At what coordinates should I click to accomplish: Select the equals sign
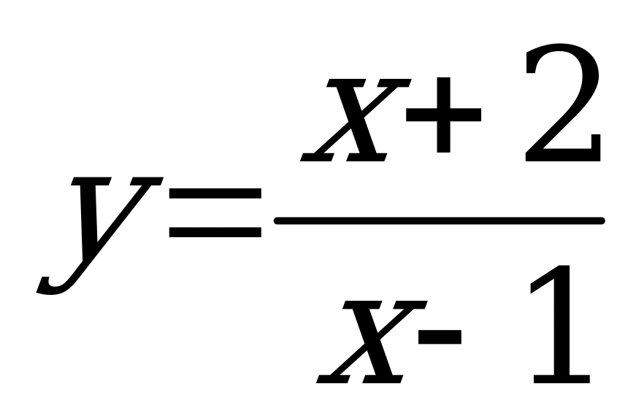[215, 212]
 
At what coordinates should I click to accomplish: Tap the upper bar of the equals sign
[215, 193]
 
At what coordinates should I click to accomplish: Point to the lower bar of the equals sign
[215, 232]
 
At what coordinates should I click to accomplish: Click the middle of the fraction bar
[440, 220]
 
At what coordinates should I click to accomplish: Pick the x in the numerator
[356, 120]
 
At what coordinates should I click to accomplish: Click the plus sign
[444, 115]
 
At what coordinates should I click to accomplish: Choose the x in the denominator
[372, 342]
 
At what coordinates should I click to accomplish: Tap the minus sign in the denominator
[440, 337]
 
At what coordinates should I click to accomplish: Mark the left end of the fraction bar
[275, 220]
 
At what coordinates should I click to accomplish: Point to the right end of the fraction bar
[604, 220]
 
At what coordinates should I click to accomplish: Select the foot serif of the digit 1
[562, 380]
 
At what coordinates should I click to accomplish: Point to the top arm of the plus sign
[444, 93]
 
